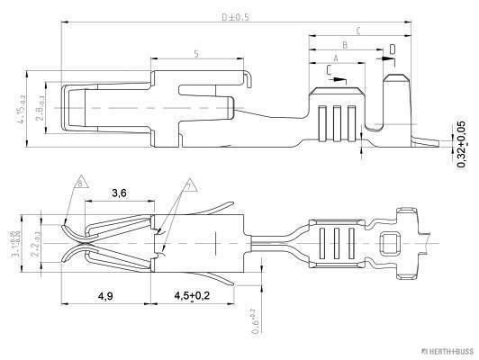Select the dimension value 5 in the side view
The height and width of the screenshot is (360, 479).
(x=196, y=55)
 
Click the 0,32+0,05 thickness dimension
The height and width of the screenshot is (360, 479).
(x=462, y=142)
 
